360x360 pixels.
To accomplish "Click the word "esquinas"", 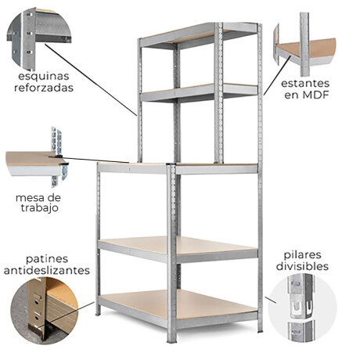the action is pos(44,77).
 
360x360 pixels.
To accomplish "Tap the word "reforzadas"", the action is pos(44,88).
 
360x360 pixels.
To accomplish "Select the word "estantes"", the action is pos(305,84).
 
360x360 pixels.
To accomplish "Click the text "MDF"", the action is pos(315,95).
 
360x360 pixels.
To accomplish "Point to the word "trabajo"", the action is pos(40,208).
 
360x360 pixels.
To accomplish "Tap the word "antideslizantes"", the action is pos(47,271).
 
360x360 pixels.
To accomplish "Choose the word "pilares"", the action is pos(302,255).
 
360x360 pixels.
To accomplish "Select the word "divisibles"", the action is pos(302,266).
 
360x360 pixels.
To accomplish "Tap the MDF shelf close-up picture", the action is pos(304,45).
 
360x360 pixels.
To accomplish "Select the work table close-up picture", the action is pos(37,157).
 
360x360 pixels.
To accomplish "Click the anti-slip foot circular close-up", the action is pos(45,311).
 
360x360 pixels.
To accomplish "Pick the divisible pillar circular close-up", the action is pos(303,308).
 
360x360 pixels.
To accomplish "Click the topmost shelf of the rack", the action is pos(199,35).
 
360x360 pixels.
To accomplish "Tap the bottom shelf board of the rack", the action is pos(178,305).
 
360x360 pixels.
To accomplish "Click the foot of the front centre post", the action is pos(172,339).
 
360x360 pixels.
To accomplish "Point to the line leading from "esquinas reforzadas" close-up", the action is pos(91,80).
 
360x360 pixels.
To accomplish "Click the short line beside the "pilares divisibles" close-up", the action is pos(271,300).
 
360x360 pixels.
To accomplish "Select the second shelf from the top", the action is pos(199,92).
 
